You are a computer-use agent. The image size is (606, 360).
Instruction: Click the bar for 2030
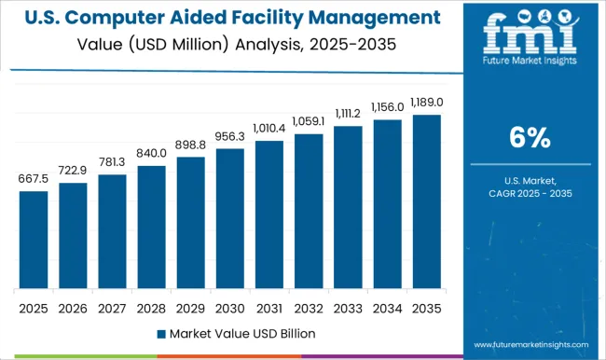pyautogui.click(x=231, y=218)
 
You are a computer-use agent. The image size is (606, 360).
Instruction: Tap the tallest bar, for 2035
pyautogui.click(x=428, y=201)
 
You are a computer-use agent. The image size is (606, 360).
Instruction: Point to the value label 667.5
pyautogui.click(x=33, y=179)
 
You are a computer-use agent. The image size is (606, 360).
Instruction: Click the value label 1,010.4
pyautogui.click(x=270, y=129)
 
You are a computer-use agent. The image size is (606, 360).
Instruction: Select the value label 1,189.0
pyautogui.click(x=428, y=103)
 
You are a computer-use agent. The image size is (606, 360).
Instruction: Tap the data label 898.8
pyautogui.click(x=191, y=145)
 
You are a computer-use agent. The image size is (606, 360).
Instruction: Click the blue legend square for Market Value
pyautogui.click(x=161, y=333)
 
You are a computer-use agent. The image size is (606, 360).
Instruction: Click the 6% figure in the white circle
pyautogui.click(x=529, y=138)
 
